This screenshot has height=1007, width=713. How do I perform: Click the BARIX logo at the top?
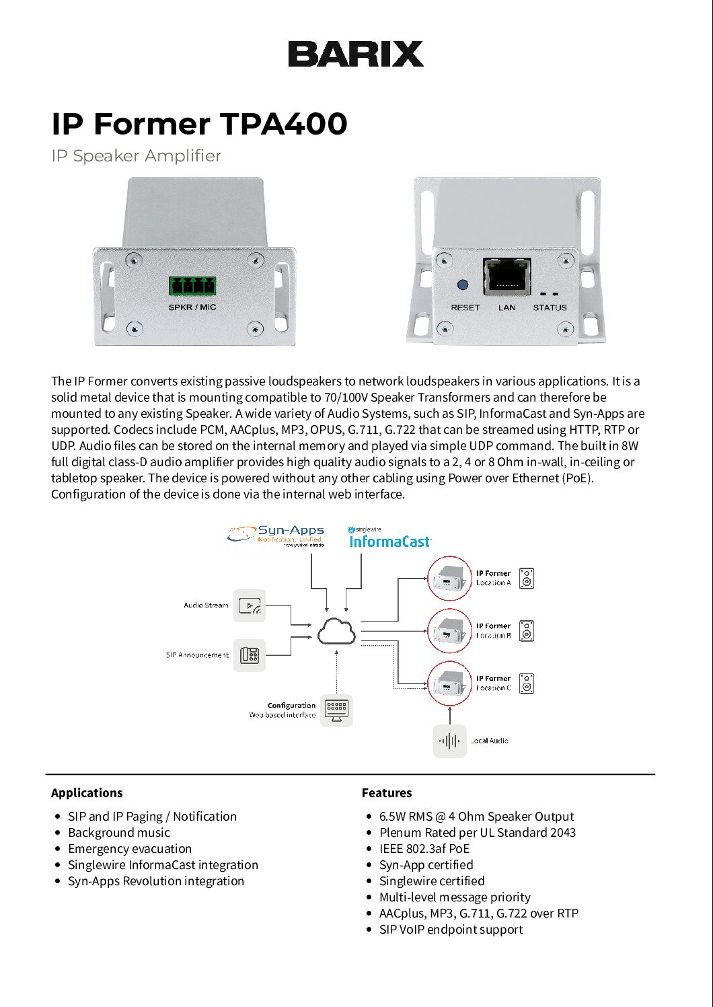pyautogui.click(x=356, y=54)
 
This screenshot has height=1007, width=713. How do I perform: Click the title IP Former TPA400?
pyautogui.click(x=199, y=124)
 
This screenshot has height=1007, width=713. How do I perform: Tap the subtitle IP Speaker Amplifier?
pyautogui.click(x=136, y=156)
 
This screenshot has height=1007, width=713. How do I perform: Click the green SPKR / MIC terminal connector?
pyautogui.click(x=192, y=286)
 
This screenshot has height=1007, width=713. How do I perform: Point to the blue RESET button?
pyautogui.click(x=463, y=285)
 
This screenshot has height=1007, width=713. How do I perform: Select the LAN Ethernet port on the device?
pyautogui.click(x=506, y=276)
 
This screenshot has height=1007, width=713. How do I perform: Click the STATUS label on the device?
pyautogui.click(x=550, y=307)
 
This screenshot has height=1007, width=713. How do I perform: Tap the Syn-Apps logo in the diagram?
pyautogui.click(x=276, y=535)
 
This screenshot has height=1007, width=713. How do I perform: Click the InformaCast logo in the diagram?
pyautogui.click(x=390, y=538)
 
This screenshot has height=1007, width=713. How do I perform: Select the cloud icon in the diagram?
pyautogui.click(x=336, y=631)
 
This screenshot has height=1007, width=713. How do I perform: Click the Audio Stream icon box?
pyautogui.click(x=250, y=605)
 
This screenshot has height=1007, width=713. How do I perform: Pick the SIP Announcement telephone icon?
pyautogui.click(x=250, y=655)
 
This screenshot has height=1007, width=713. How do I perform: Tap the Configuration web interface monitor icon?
pyautogui.click(x=336, y=710)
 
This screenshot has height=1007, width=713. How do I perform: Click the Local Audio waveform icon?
pyautogui.click(x=449, y=741)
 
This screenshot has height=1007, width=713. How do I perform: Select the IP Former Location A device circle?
pyautogui.click(x=450, y=579)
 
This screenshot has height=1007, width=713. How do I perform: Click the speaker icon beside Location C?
pyautogui.click(x=527, y=683)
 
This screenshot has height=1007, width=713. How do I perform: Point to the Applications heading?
pyautogui.click(x=87, y=793)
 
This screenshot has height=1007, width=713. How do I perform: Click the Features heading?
pyautogui.click(x=387, y=793)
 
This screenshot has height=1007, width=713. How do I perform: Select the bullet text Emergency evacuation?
pyautogui.click(x=130, y=849)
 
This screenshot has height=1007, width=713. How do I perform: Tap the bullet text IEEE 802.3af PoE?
pyautogui.click(x=424, y=849)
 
